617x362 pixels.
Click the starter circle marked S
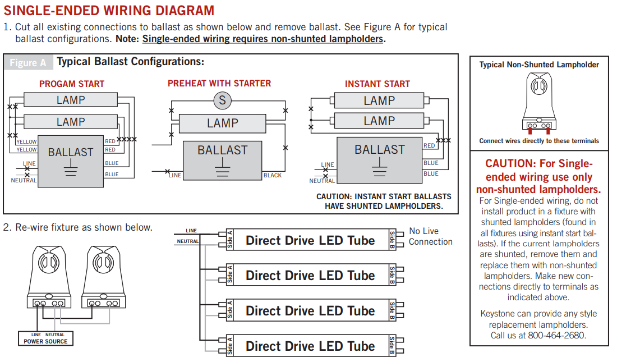click(x=223, y=100)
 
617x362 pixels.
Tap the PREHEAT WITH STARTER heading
click(x=219, y=84)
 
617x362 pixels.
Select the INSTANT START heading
click(x=377, y=84)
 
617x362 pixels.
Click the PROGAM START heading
click(x=72, y=84)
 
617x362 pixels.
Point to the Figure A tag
click(x=28, y=62)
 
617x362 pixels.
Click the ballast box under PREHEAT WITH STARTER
click(x=223, y=160)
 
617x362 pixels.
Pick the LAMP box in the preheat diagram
click(x=223, y=123)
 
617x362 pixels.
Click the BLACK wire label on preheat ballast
click(x=273, y=176)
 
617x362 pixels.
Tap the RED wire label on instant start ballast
click(x=429, y=146)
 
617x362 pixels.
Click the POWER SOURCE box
click(x=45, y=338)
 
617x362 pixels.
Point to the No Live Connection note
click(x=430, y=236)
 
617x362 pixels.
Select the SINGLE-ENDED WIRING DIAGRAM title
click(x=109, y=11)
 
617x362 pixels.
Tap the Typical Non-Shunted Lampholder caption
click(x=539, y=65)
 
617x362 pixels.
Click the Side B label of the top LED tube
click(x=392, y=240)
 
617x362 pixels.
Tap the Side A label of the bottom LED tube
click(x=230, y=346)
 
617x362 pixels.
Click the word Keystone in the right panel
click(x=497, y=314)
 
